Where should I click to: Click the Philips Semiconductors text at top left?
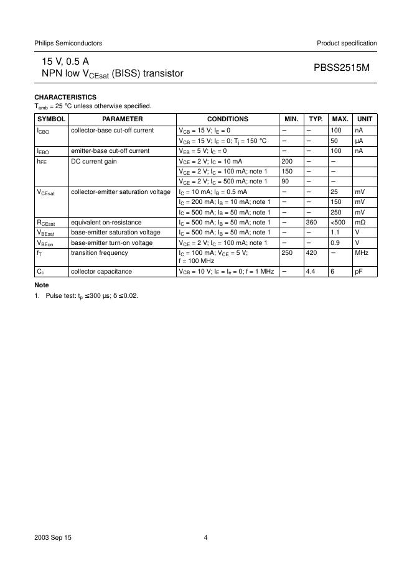[x=68, y=43]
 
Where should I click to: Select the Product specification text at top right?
[x=347, y=43]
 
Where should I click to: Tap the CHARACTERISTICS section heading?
[x=65, y=97]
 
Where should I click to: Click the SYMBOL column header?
[x=51, y=119]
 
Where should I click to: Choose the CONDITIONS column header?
[x=228, y=119]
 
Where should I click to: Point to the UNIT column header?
[x=365, y=119]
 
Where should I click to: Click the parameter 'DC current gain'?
[x=94, y=161]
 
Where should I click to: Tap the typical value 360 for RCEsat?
[x=312, y=222]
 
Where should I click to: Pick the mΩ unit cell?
[x=360, y=222]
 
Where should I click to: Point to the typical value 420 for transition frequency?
[x=311, y=252]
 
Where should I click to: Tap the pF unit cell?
[x=359, y=272]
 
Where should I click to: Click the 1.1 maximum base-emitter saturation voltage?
[x=335, y=232]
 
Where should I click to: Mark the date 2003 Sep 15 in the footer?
[x=53, y=538]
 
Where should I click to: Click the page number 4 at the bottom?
[x=205, y=538]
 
